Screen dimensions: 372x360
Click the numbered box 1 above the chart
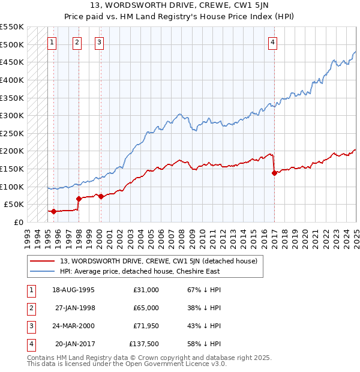pos(52,42)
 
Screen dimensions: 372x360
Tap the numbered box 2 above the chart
pos(78,42)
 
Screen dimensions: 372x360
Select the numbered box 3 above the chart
pos(99,42)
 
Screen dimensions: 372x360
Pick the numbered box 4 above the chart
pos(272,42)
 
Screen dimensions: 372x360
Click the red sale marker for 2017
pos(274,173)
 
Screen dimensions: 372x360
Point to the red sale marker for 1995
pos(53,211)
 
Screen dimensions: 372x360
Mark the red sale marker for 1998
pos(79,199)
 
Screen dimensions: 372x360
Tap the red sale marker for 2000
pos(101,196)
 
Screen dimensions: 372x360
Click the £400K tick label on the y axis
pos(12,80)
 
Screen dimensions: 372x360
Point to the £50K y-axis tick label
pos(14,205)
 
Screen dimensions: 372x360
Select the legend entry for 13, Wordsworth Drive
pos(158,261)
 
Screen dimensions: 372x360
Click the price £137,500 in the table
pos(144,344)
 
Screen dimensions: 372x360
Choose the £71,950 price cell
pos(145,326)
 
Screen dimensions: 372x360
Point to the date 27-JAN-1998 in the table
pos(74,308)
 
